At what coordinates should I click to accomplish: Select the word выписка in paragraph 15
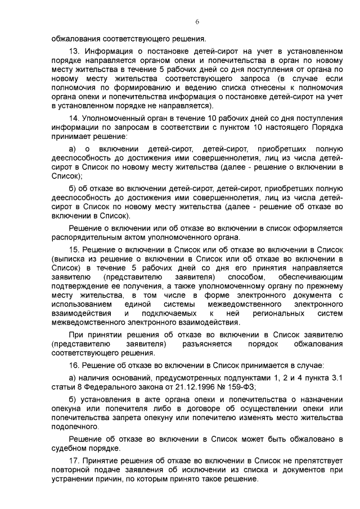point(70,258)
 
